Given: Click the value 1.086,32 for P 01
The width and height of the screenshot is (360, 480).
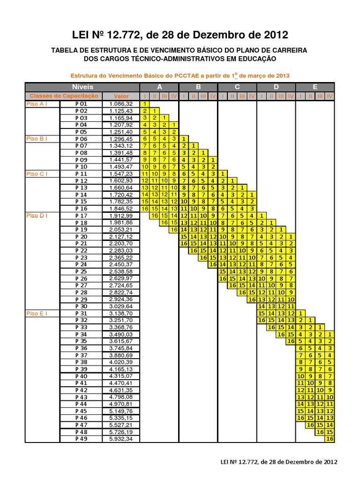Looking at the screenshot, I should pyautogui.click(x=120, y=104).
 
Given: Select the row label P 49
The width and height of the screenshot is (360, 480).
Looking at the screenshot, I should pyautogui.click(x=81, y=439).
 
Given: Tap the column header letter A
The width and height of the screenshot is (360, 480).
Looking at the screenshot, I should pyautogui.click(x=159, y=87).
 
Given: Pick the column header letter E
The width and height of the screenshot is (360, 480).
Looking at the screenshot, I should pyautogui.click(x=315, y=87).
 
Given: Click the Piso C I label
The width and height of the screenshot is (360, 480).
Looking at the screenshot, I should pyautogui.click(x=37, y=173).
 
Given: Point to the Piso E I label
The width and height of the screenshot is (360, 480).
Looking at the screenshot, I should pyautogui.click(x=37, y=313).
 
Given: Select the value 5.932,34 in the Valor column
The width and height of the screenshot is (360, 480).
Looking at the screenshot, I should pyautogui.click(x=120, y=439).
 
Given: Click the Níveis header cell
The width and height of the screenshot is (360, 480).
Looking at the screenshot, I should pyautogui.click(x=82, y=87).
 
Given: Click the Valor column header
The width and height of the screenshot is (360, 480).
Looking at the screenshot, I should pyautogui.click(x=120, y=96).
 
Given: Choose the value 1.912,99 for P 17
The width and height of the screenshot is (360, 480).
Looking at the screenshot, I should pyautogui.click(x=120, y=216).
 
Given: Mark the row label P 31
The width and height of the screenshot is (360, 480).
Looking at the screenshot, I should pyautogui.click(x=81, y=313).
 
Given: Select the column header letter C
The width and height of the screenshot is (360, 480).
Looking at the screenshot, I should pyautogui.click(x=237, y=87).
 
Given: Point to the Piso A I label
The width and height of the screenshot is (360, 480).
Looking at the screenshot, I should pyautogui.click(x=37, y=104).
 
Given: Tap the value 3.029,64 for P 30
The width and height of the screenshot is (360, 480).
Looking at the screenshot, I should pyautogui.click(x=120, y=306).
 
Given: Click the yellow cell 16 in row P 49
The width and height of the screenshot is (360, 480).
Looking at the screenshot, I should pyautogui.click(x=330, y=439).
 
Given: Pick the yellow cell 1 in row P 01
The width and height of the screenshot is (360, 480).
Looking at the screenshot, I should pyautogui.click(x=145, y=104).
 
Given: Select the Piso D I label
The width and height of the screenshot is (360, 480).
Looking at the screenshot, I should pyautogui.click(x=37, y=216).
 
